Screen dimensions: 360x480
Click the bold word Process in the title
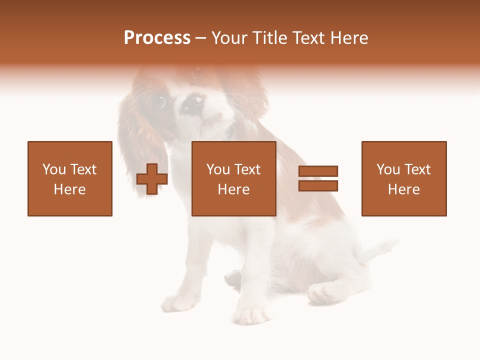point(157,38)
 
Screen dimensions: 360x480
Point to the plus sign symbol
point(152,179)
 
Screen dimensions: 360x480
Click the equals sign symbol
point(318,178)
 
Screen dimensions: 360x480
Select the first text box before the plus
point(70,178)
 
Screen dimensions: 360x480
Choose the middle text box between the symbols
point(234,178)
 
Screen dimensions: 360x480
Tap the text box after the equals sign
point(404,178)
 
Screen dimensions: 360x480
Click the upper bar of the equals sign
point(318,171)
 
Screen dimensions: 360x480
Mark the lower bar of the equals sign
point(318,186)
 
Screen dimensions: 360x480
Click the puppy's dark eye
point(159,102)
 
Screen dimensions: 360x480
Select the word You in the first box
point(54,169)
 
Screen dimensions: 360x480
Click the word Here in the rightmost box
point(404,189)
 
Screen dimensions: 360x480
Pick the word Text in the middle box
point(246,169)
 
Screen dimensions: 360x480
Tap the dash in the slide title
point(200,38)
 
